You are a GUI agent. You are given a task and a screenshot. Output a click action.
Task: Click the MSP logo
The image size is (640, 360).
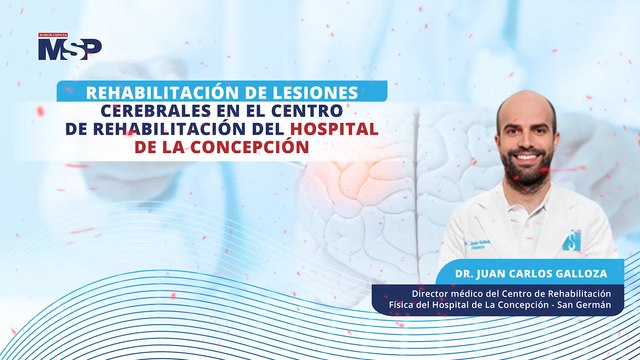pos(69,47)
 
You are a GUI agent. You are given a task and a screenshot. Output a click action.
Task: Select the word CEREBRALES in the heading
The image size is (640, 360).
pos(152,109)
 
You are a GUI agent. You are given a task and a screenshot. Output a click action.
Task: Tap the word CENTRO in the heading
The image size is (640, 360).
pos(309,109)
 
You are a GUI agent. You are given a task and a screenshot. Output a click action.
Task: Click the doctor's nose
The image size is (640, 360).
pos(526,143)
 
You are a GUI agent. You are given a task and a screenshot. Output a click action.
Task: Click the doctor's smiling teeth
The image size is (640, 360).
pos(526,159)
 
